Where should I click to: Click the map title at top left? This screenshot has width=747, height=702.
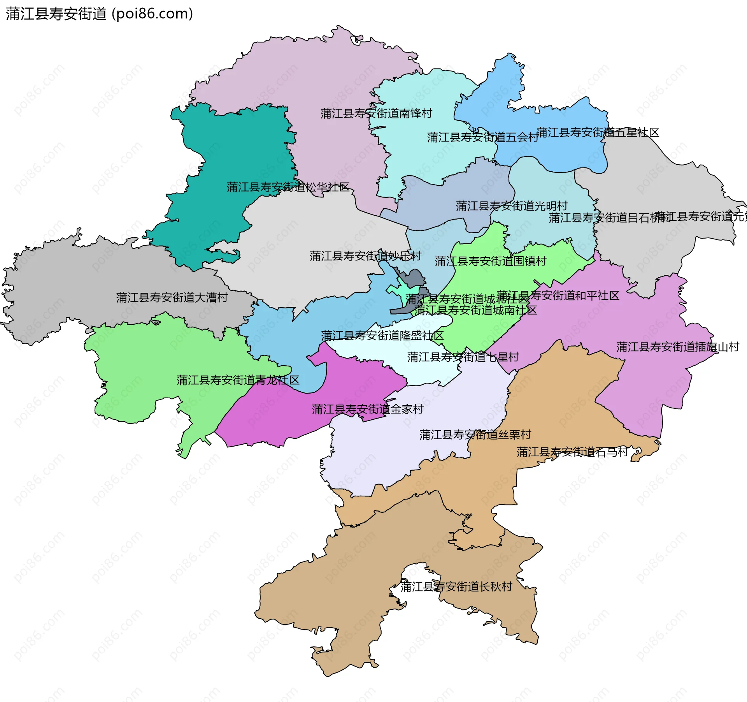pyautogui.click(x=99, y=14)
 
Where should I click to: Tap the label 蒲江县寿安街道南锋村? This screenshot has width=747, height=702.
pyautogui.click(x=376, y=113)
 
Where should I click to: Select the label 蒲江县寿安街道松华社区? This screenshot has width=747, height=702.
pyautogui.click(x=288, y=187)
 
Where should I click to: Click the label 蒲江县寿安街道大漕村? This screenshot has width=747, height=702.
pyautogui.click(x=172, y=297)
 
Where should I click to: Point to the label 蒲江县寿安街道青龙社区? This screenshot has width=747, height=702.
pyautogui.click(x=238, y=380)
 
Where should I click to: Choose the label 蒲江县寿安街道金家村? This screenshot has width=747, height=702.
pyautogui.click(x=367, y=409)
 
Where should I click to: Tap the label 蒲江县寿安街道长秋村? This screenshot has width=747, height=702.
pyautogui.click(x=456, y=587)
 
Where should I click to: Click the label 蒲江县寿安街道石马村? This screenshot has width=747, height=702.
pyautogui.click(x=572, y=452)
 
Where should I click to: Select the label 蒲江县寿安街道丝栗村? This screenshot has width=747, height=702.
pyautogui.click(x=475, y=435)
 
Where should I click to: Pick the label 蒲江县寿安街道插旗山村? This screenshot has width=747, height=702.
pyautogui.click(x=677, y=347)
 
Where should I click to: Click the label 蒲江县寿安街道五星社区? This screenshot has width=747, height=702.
pyautogui.click(x=598, y=132)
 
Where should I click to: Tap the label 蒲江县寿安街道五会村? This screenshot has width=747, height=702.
pyautogui.click(x=482, y=137)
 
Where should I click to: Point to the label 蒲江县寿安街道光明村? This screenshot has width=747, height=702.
pyautogui.click(x=511, y=206)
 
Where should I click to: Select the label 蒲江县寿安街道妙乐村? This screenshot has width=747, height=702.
pyautogui.click(x=365, y=256)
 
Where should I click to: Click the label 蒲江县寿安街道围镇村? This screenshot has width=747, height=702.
pyautogui.click(x=490, y=261)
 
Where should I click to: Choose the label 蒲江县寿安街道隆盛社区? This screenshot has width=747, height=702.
pyautogui.click(x=382, y=336)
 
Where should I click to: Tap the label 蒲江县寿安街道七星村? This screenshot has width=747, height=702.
pyautogui.click(x=463, y=357)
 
